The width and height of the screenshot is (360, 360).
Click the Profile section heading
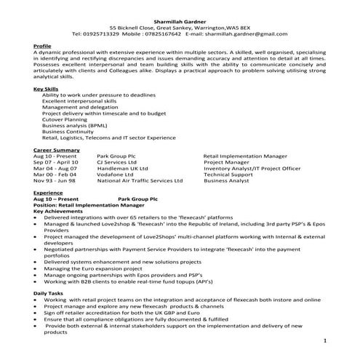[x=42, y=46]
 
